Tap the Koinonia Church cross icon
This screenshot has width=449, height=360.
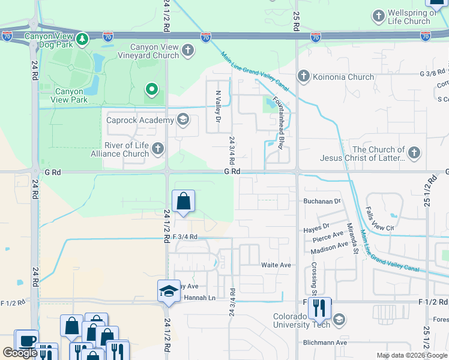pyautogui.click(x=304, y=76)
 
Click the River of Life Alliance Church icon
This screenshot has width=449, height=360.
pyautogui.click(x=158, y=148)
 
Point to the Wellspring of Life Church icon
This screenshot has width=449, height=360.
pyautogui.click(x=379, y=15)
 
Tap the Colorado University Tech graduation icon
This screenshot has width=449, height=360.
pyautogui.click(x=340, y=319)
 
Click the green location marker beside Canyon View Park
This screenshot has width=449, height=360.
pyautogui.click(x=152, y=91)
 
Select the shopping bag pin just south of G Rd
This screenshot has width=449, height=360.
pyautogui.click(x=184, y=202)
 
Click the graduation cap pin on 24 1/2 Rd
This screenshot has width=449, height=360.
pyautogui.click(x=169, y=292)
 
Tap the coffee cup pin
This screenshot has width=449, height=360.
pyautogui.click(x=26, y=341)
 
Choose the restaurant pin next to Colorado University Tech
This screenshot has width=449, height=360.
pyautogui.click(x=319, y=308)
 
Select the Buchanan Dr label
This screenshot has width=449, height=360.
pyautogui.click(x=322, y=202)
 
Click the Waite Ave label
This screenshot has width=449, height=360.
pyautogui.click(x=276, y=265)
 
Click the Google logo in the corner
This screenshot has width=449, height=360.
pyautogui.click(x=20, y=353)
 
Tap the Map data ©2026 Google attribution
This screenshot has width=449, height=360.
pyautogui.click(x=411, y=355)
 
